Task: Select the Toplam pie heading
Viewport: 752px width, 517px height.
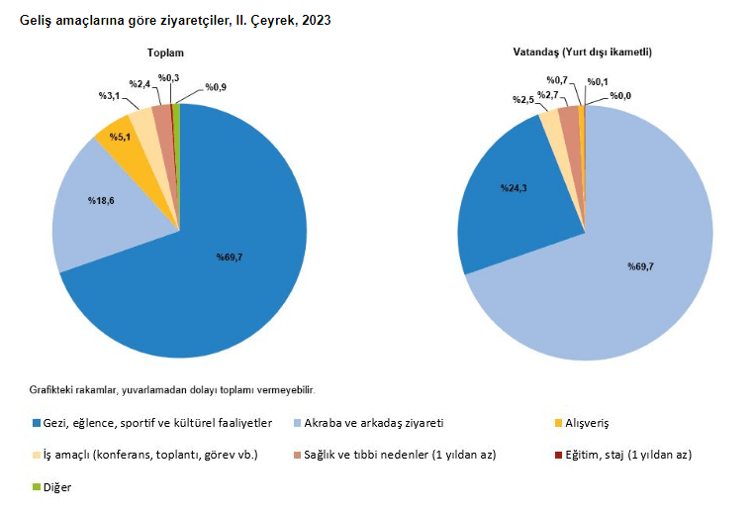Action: coord(166,52)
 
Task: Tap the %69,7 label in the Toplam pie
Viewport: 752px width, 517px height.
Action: coord(230,258)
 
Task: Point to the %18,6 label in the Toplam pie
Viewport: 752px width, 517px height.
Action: coord(102,201)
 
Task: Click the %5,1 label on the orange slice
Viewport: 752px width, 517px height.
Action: coord(121,135)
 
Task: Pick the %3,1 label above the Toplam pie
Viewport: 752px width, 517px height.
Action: coord(108,95)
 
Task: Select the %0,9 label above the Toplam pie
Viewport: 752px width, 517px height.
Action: coord(215,87)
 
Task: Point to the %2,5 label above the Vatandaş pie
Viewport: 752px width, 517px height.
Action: coord(523,100)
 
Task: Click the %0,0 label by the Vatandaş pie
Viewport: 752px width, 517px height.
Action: coord(620,95)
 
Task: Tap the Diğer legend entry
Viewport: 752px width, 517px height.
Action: coord(57,487)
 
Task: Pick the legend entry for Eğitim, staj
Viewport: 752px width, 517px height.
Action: coord(627,455)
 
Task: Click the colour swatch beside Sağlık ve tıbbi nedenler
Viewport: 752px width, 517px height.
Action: coord(296,456)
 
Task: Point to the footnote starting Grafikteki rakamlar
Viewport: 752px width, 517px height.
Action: coord(173,390)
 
